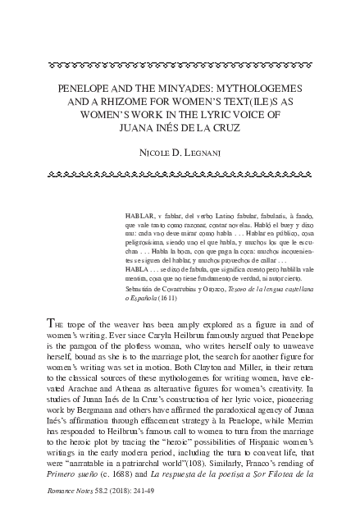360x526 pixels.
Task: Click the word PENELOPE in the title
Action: click(86, 85)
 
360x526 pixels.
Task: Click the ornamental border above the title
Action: click(180, 62)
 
